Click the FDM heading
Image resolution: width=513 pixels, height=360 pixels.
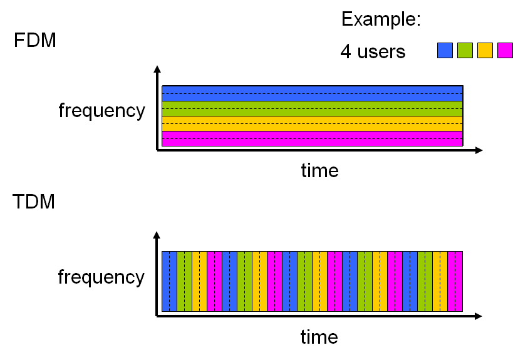[x=35, y=41]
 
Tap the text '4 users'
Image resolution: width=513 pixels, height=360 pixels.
[x=373, y=51]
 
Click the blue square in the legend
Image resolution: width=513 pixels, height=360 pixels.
[x=445, y=51]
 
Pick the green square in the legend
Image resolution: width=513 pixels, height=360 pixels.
[x=465, y=51]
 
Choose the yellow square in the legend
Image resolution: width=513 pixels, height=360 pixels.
[x=485, y=51]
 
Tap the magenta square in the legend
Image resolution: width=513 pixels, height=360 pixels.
[x=505, y=51]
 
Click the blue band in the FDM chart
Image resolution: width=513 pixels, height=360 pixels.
[x=312, y=93]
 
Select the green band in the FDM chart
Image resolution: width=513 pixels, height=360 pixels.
[x=312, y=108]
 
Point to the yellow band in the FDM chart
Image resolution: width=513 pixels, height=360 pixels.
[x=312, y=123]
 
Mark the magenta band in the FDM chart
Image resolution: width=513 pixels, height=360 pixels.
[x=312, y=138]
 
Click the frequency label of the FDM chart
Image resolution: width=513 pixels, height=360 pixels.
[x=101, y=111]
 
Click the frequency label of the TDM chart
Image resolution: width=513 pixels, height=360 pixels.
[x=101, y=277]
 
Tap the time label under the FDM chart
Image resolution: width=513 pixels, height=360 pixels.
[x=319, y=170]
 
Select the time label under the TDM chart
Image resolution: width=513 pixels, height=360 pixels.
[x=319, y=337]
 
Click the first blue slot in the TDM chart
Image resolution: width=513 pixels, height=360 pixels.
[x=169, y=281]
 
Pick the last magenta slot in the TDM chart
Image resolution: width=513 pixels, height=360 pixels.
[x=455, y=281]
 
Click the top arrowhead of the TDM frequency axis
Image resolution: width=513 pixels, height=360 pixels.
[x=157, y=235]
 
